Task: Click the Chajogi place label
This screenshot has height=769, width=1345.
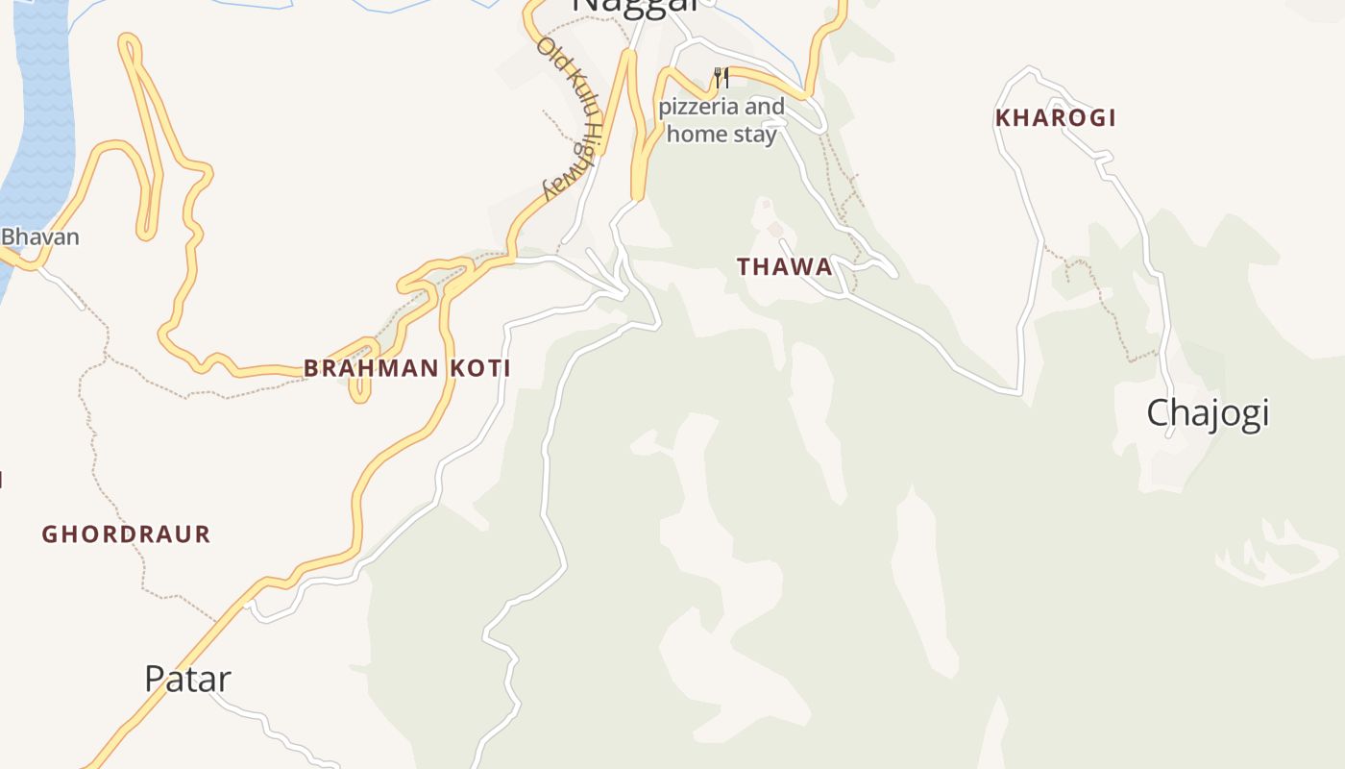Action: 1208,412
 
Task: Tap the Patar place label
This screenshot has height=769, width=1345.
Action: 187,679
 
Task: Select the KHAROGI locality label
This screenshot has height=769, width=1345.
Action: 1055,118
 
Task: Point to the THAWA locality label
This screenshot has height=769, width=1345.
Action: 785,267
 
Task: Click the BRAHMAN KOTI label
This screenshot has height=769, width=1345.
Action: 407,368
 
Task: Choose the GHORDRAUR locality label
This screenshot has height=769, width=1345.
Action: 126,534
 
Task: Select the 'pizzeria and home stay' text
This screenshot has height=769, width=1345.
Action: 721,120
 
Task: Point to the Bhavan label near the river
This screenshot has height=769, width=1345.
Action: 39,236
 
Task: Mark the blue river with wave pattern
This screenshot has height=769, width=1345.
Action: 38,115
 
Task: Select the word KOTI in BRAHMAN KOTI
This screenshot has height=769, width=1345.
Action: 477,368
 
